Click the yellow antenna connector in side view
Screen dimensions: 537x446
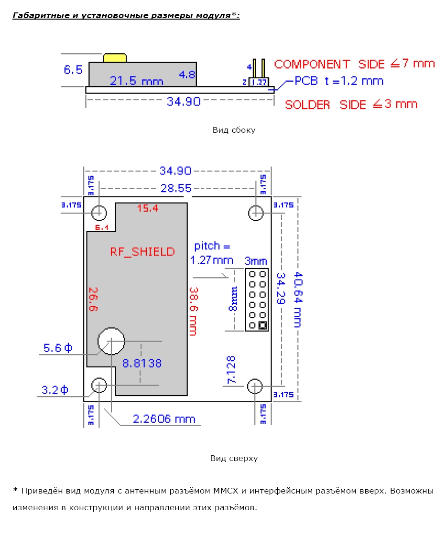pos(115,58)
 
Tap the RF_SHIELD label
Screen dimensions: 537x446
pos(142,251)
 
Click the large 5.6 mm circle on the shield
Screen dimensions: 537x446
pos(111,341)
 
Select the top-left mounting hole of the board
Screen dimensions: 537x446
pos(99,212)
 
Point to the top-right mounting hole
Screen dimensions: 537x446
pos(256,212)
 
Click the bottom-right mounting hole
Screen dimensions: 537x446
pos(255,386)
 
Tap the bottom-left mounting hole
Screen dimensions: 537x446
pos(99,385)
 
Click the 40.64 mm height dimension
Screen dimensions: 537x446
pos(298,299)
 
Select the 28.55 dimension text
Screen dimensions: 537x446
pos(175,188)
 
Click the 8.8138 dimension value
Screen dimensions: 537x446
pos(142,363)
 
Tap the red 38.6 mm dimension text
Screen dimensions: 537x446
pos(193,311)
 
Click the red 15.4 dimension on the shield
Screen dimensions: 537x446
pos(147,208)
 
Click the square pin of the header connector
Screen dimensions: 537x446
pos(262,326)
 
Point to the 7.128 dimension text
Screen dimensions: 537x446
pos(231,370)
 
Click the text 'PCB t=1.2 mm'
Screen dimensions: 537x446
pos(338,81)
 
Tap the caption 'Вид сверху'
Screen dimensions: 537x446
pos(234,458)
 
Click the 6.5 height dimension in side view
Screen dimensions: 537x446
pos(73,70)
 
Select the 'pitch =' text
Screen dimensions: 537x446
pos(212,246)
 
